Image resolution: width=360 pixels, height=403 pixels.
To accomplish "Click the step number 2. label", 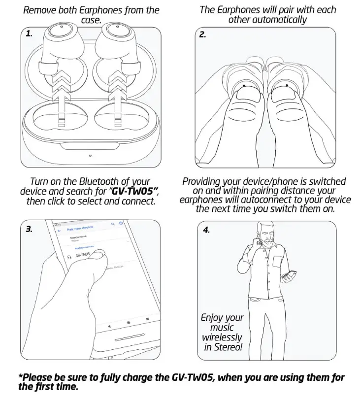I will pyautogui.click(x=202, y=34).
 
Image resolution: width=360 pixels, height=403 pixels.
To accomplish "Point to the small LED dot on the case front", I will pyautogui.click(x=90, y=157).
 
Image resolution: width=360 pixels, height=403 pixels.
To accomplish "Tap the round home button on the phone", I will pyautogui.click(x=129, y=323).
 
